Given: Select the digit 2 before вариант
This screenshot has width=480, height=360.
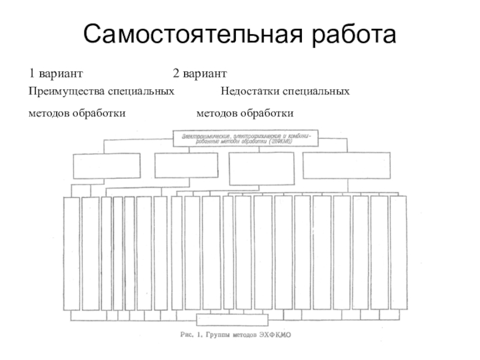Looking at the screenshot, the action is point(176,73).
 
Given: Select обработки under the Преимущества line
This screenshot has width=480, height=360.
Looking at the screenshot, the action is point(100,113).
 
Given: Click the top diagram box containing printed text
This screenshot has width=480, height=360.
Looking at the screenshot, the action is point(245,138).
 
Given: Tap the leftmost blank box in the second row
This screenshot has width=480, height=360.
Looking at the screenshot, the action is point(106,166).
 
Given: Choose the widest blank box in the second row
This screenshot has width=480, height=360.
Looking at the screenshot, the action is point(347,166).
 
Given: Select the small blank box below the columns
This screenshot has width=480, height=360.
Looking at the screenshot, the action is point(233,320).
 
